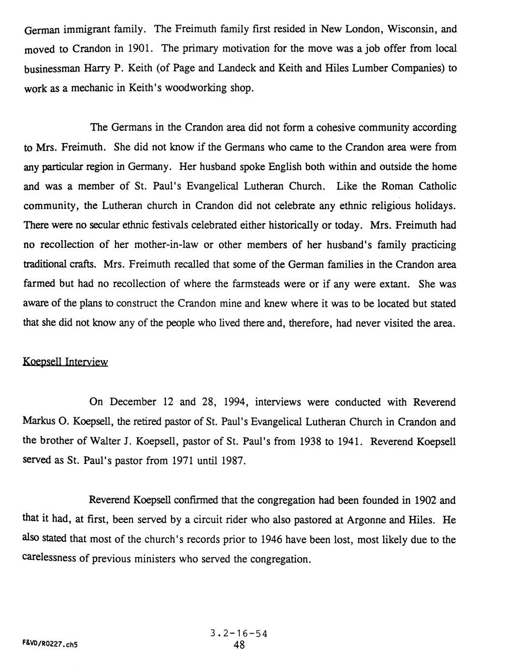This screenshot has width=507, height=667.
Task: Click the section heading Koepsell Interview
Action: tap(65, 362)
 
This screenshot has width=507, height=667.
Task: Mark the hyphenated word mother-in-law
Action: tap(166, 245)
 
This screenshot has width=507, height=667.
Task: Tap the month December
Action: tap(133, 402)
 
